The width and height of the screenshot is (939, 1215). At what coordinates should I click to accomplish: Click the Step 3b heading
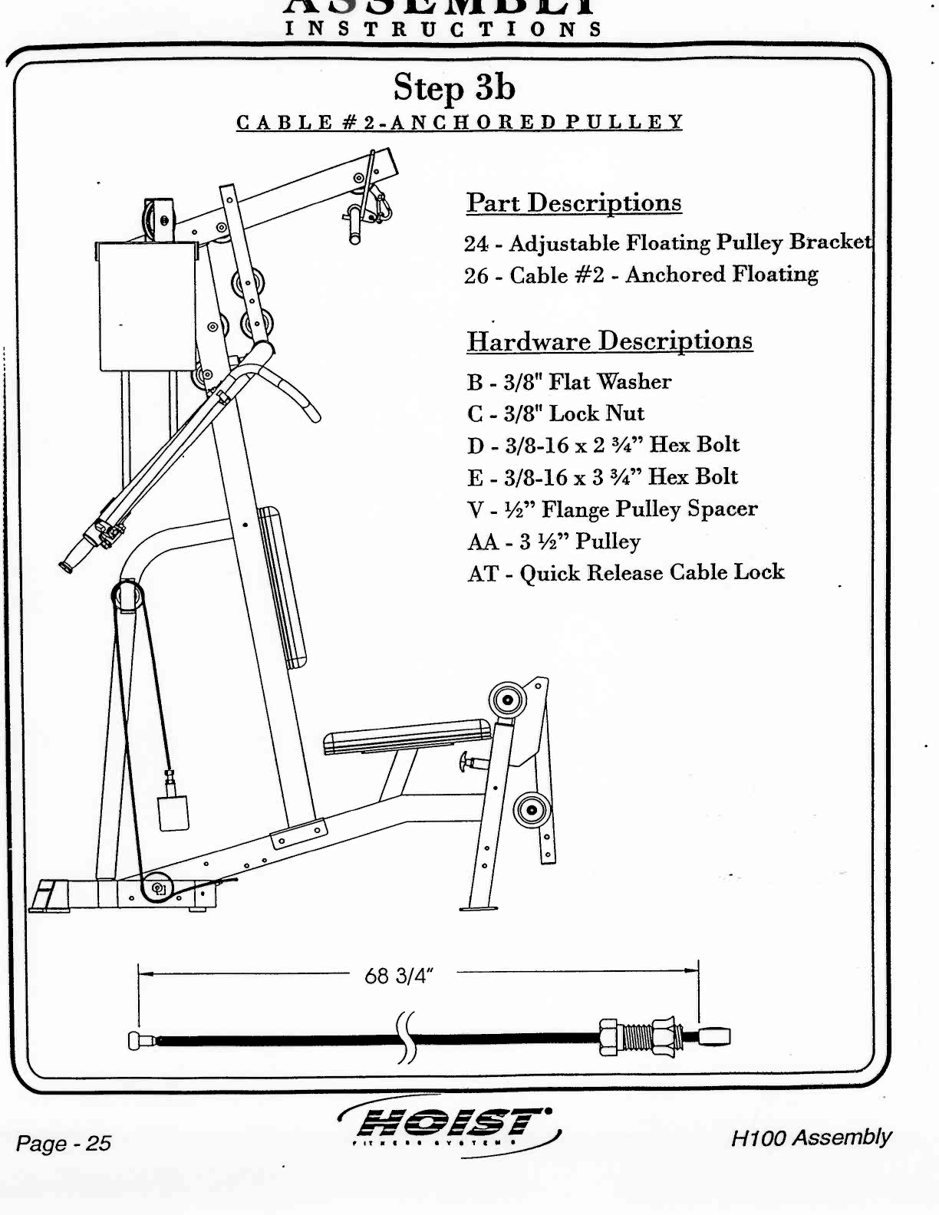454,87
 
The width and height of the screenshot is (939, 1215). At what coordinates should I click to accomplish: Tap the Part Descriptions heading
574,203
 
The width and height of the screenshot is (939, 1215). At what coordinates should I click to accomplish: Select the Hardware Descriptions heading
610,341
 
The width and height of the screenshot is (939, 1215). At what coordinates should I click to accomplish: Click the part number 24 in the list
476,244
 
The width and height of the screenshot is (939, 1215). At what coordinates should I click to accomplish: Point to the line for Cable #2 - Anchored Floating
641,275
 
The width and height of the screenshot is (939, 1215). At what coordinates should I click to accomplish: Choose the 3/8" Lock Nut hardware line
556,413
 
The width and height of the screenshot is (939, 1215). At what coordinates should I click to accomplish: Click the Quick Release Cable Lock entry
626,573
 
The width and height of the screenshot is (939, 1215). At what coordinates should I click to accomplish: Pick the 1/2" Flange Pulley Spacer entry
612,509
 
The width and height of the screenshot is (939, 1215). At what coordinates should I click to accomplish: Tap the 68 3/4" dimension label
399,976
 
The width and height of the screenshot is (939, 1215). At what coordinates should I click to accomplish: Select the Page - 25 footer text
64,1144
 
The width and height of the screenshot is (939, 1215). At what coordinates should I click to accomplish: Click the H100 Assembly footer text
811,1138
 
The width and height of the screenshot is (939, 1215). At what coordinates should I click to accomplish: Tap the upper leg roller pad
507,700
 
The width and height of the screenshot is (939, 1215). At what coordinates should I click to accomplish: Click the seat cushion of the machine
407,737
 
